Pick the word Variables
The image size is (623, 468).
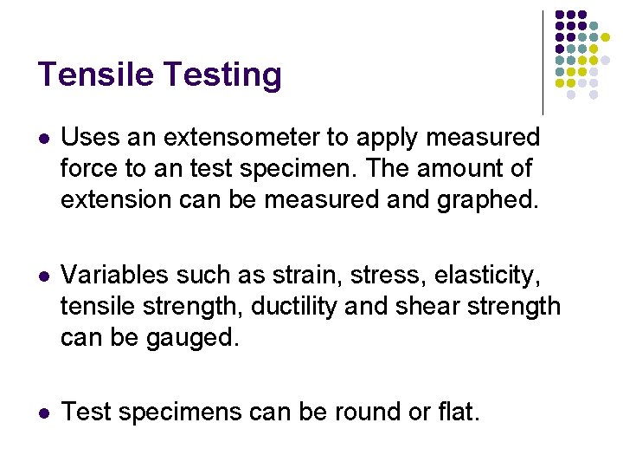pos(114,275)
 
